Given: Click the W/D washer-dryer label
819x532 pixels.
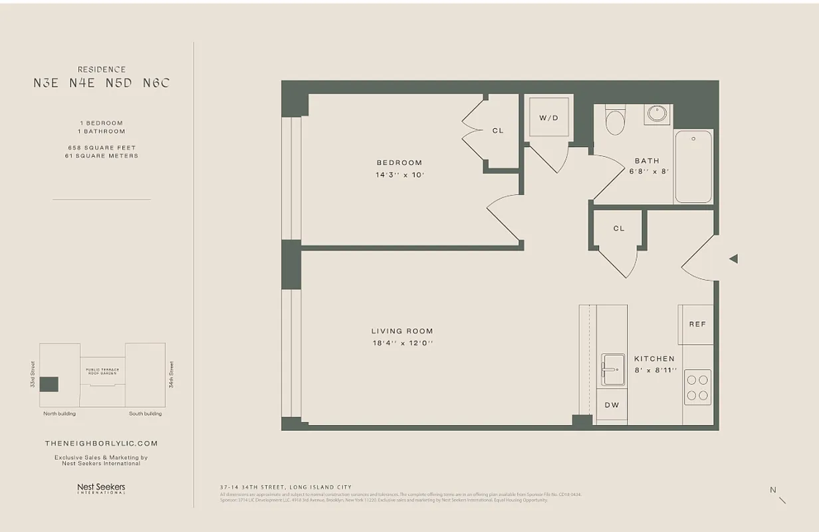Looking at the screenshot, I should [x=548, y=118].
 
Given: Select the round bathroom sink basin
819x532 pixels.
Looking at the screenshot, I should [x=657, y=114].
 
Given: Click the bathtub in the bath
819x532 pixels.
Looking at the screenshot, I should [x=693, y=166].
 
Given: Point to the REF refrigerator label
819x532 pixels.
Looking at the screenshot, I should [x=697, y=325].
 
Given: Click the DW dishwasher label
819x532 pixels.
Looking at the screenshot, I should [x=612, y=405].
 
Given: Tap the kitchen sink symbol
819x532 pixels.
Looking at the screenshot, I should [x=612, y=368].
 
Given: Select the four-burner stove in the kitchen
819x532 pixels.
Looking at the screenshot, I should [x=697, y=387].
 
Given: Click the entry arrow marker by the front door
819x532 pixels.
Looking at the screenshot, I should [x=733, y=259].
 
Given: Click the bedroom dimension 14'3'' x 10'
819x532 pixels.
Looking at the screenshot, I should [x=400, y=176].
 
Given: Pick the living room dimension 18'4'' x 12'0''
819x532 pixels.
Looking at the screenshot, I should [x=402, y=344].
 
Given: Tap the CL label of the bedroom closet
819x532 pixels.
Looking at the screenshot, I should [x=498, y=131].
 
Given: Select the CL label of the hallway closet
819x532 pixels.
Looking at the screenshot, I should [x=619, y=229].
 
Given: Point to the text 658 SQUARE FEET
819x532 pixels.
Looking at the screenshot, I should [x=102, y=148].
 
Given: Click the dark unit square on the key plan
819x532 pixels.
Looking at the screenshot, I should [x=49, y=384].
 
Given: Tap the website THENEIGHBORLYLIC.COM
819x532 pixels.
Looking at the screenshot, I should [x=101, y=444].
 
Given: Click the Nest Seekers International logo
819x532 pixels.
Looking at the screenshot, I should [x=101, y=488].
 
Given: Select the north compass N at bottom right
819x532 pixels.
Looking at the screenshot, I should [x=773, y=490].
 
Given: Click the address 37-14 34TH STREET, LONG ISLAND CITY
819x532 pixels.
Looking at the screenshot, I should [x=286, y=487].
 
